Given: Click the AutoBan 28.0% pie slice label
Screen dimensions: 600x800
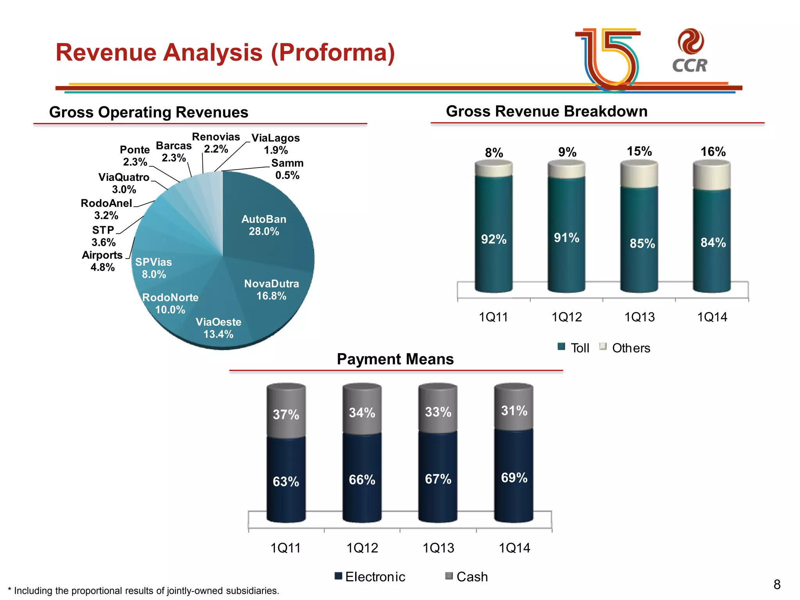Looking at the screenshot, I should pos(264,225).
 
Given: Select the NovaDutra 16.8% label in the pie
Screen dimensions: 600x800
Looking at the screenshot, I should pos(271,289).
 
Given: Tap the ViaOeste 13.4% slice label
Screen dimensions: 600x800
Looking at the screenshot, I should pos(218,328).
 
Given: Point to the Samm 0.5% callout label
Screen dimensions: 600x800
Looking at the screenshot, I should pos(287,169).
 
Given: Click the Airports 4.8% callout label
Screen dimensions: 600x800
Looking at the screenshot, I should pos(102,261).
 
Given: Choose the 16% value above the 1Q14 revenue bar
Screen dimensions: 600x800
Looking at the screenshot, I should pos(713,152).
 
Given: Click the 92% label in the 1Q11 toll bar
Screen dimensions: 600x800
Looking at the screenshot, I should pos(494,239).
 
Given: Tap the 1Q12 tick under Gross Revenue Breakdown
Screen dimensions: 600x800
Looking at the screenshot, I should pos(566,317).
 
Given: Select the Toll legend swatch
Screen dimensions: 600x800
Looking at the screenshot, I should pos(561,347).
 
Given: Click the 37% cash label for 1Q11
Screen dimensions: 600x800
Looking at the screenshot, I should pos(286,414).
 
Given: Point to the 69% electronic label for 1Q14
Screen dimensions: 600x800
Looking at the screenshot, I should pos(514,477).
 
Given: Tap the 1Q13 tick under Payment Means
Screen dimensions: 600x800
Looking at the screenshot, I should pos(438,548).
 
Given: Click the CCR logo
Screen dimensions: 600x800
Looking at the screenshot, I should pos(690,51).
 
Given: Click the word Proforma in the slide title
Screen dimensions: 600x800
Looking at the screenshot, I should pos(333,52).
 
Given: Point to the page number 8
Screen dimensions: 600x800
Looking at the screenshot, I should pos(777,584).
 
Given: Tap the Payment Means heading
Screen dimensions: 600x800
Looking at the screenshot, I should pos(395,359).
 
